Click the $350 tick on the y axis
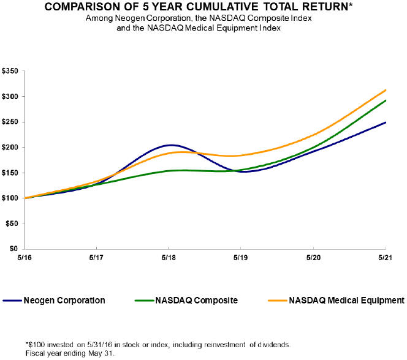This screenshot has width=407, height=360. (10, 71)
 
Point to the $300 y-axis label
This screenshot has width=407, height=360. (10, 96)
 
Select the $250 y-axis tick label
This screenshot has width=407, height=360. (10, 122)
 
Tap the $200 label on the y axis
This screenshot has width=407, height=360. (10, 147)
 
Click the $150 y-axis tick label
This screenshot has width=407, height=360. (10, 173)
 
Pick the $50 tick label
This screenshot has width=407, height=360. (12, 223)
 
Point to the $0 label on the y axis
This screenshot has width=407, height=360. (14, 249)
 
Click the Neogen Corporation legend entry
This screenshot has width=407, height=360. (64, 301)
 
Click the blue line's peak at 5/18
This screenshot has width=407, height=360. (169, 145)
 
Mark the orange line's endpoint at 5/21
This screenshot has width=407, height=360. (386, 90)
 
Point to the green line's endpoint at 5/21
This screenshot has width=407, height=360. (386, 100)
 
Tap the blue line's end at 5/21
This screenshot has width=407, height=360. (386, 122)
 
